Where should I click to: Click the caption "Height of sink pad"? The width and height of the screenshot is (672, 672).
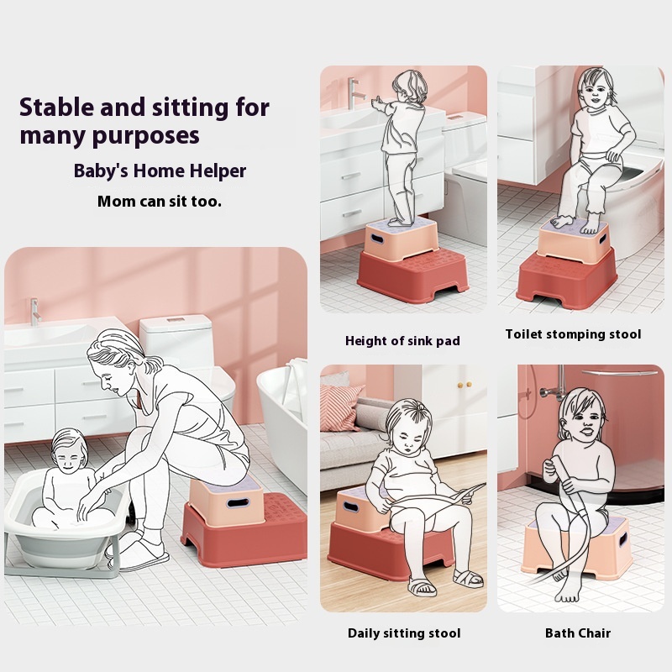point(402,341)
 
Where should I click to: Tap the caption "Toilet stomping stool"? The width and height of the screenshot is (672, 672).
point(573,334)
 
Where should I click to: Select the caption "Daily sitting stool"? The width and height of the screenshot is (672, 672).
point(404,633)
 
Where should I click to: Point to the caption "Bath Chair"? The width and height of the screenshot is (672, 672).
point(578,633)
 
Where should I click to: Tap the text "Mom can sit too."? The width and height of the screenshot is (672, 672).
point(160,201)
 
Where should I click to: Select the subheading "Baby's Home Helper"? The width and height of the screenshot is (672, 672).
point(160,171)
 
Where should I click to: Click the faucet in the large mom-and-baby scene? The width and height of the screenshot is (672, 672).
point(35,312)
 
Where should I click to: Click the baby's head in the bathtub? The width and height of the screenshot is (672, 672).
point(69,450)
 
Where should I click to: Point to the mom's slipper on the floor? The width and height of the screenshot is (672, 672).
point(144,556)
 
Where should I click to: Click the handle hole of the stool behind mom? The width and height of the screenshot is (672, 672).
point(238,502)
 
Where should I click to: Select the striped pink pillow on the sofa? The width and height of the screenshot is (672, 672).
point(339,407)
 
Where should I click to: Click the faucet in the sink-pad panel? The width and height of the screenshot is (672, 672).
point(354,92)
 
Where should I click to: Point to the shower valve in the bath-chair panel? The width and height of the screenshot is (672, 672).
point(549,391)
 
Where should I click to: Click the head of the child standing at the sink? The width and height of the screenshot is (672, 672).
point(410,87)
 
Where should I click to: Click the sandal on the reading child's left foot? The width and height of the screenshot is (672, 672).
point(469,578)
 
